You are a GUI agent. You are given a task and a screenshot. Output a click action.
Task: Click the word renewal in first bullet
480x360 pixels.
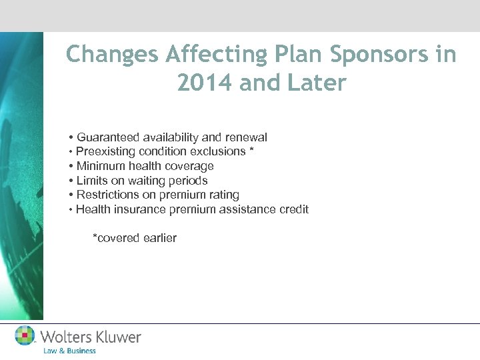coord(246,137)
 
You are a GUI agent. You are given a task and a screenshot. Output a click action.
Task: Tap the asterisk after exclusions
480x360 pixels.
coord(251,151)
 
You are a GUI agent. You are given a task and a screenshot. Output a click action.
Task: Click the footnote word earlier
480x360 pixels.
coord(157,238)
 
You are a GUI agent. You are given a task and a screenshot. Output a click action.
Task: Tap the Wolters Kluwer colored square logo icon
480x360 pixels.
coord(25,335)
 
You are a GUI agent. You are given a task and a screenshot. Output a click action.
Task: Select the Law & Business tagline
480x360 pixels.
coord(69,351)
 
